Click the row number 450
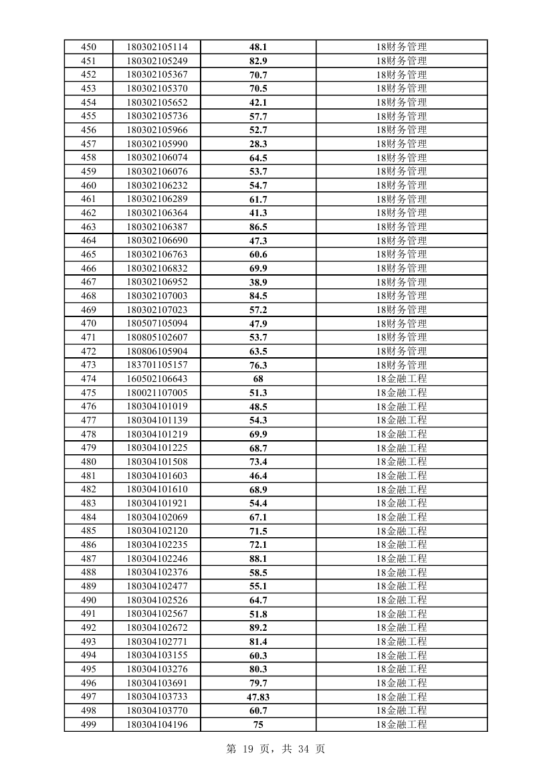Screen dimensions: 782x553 (x=88, y=47)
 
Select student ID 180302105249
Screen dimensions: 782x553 (x=157, y=61)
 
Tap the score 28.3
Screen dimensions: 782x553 (x=258, y=144)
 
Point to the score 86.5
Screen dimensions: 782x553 (x=258, y=227)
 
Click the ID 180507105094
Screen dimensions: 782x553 (x=157, y=324)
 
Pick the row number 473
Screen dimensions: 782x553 (x=88, y=365)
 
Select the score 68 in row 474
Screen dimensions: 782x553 (x=258, y=379)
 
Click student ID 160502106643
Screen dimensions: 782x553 (x=157, y=379)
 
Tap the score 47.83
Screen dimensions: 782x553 (x=258, y=697)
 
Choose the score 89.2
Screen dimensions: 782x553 (x=258, y=627)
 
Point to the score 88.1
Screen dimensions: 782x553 (x=258, y=559)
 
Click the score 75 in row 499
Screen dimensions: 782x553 (x=258, y=724)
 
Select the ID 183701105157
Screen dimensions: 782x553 (x=157, y=365)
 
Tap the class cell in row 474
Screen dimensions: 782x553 (x=401, y=379)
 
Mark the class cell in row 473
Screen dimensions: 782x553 (x=401, y=365)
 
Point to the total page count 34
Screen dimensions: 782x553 (x=304, y=749)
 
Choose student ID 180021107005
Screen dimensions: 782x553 (x=157, y=393)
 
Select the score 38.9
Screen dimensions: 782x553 (x=258, y=282)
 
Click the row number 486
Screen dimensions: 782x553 (x=88, y=545)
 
